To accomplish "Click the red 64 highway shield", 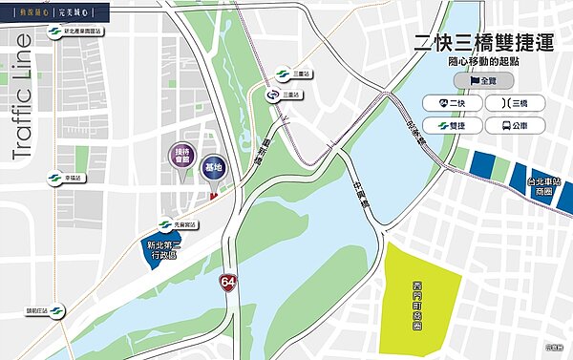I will (x=227, y=283).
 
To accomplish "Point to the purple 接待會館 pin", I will (x=181, y=156).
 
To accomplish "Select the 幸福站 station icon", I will (x=53, y=178).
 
